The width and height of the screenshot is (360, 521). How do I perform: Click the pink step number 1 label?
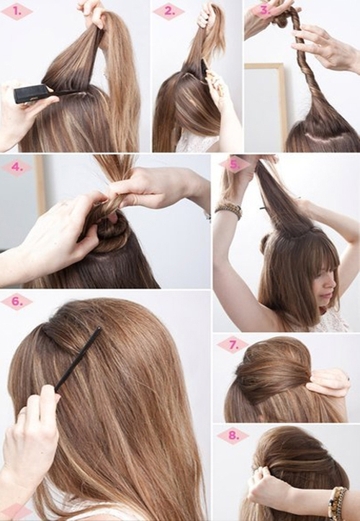[17, 12]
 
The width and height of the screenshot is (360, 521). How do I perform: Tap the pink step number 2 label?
[169, 12]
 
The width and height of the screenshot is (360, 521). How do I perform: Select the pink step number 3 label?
[265, 10]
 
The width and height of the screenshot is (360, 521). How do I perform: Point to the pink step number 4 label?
[17, 167]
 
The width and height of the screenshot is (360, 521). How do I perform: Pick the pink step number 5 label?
[235, 165]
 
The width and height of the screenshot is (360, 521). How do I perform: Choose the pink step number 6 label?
[17, 302]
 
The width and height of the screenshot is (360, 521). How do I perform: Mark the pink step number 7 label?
[233, 345]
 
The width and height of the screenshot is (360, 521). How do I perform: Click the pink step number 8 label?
[233, 435]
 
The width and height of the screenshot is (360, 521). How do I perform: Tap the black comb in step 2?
[204, 69]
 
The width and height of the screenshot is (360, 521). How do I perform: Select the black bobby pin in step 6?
[78, 359]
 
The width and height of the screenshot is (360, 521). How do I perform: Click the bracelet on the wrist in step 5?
[228, 210]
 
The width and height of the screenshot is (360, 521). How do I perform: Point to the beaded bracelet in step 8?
[337, 502]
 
